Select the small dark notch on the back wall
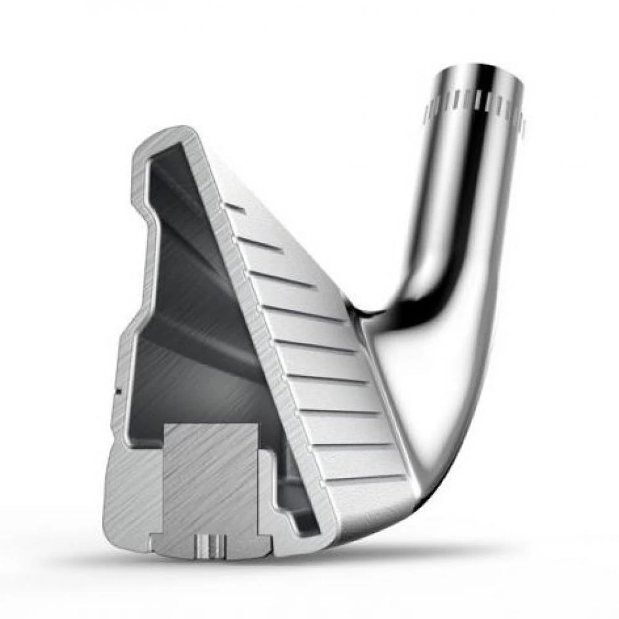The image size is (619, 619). (x=116, y=390)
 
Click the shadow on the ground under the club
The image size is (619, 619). (x=433, y=545)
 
